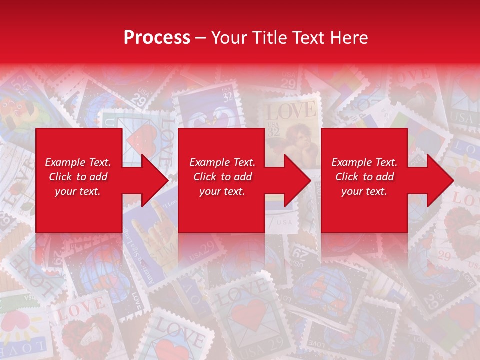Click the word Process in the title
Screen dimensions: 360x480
157,38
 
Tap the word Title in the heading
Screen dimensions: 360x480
270,38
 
